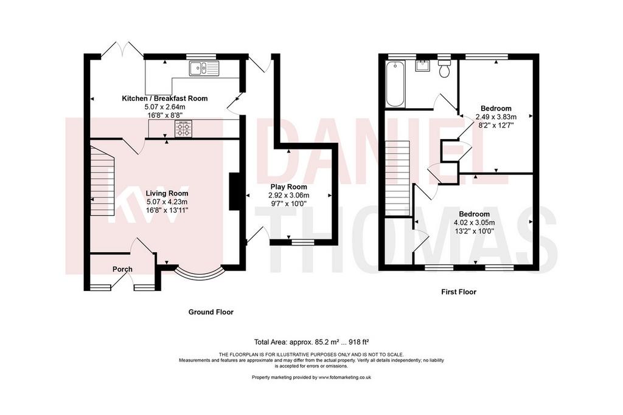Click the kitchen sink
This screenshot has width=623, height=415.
204,68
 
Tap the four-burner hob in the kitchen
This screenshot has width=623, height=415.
183,129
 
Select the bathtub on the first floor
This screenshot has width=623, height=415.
395,84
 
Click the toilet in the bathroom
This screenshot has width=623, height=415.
444,69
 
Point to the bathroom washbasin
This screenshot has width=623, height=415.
422,66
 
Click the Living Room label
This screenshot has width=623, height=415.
167,194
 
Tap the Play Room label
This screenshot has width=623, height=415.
289,187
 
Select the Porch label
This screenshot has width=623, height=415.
122,269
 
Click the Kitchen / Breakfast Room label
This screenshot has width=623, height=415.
164,98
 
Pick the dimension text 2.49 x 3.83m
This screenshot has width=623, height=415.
496,117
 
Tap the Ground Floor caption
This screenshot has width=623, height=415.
211,312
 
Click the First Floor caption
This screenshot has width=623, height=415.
459,292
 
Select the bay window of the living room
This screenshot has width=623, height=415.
200,273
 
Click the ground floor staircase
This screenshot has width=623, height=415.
102,181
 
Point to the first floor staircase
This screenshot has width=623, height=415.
397,179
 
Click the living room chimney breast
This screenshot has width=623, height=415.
234,191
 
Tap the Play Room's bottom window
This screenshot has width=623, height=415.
303,242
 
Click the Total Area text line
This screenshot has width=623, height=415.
311,341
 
